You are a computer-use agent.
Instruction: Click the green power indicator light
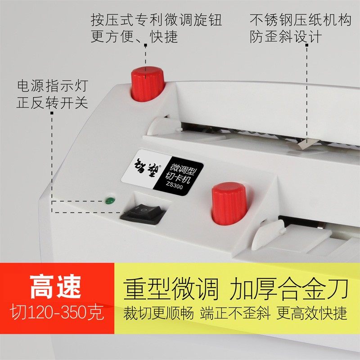pyautogui.click(x=108, y=200)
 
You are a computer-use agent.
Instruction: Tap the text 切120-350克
pyautogui.click(x=57, y=311)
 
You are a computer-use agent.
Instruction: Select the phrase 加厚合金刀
pyautogui.click(x=288, y=288)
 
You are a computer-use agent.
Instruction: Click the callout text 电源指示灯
pyautogui.click(x=52, y=85)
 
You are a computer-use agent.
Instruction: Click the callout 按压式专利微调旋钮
pyautogui.click(x=157, y=21)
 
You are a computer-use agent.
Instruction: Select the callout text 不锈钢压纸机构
pyautogui.click(x=301, y=21)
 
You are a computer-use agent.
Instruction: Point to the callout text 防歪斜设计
pyautogui.click(x=286, y=37)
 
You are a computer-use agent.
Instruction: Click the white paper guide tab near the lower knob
pyautogui.click(x=268, y=234)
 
